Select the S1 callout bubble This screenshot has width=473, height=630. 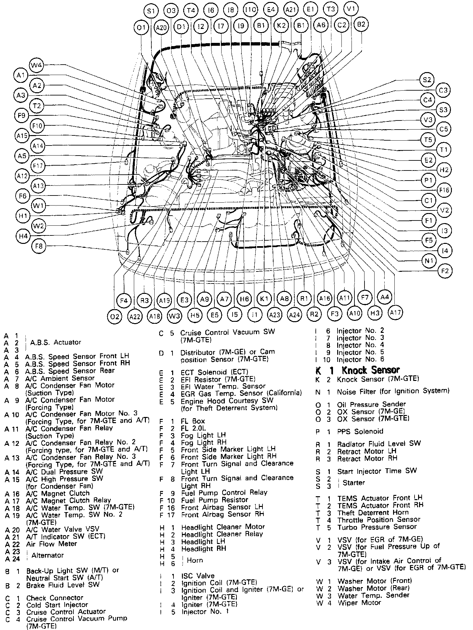tap(151, 11)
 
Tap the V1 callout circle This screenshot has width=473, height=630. tap(351, 9)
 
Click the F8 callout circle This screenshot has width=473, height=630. tap(39, 246)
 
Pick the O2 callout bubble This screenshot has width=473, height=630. tap(114, 316)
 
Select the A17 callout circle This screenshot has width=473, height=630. tap(395, 312)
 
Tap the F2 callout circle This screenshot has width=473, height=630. tap(445, 271)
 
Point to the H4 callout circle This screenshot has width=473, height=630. tap(23, 236)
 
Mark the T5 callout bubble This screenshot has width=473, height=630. tap(428, 140)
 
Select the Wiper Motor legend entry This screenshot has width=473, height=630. tap(359, 603)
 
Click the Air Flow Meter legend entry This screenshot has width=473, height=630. tap(52, 544)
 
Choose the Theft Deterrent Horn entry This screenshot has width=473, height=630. tap(373, 513)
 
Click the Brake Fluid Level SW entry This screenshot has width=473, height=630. tap(63, 585)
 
